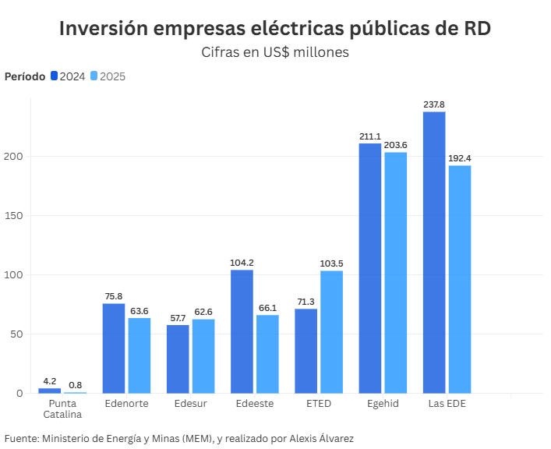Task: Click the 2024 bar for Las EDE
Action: tap(434, 253)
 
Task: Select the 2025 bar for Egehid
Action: tap(395, 273)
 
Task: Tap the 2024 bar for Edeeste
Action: tap(242, 331)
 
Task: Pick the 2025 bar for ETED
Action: tap(331, 332)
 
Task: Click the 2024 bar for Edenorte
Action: tap(114, 348)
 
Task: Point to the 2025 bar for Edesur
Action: tap(203, 356)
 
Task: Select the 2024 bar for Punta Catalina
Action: tap(50, 391)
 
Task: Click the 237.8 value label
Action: tap(434, 104)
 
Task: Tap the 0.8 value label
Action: tap(75, 384)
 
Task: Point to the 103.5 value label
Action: tap(331, 263)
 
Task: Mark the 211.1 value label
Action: tap(370, 136)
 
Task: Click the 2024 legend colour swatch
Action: tap(55, 76)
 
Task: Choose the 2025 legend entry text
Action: tap(112, 76)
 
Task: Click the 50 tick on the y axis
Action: tap(19, 334)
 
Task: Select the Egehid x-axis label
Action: tap(383, 404)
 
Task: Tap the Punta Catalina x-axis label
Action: tap(62, 408)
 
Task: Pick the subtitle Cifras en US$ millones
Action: tap(274, 52)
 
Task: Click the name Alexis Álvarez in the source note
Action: tap(316, 439)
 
